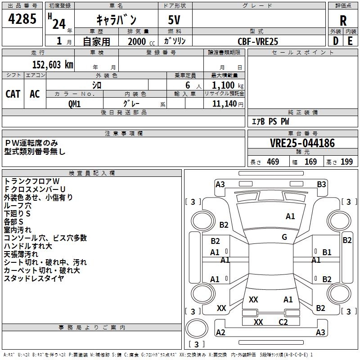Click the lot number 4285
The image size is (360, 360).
point(22,18)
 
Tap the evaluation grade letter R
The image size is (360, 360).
point(343,21)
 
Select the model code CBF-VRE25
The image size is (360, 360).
point(258,41)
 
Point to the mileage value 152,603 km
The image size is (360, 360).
point(53,65)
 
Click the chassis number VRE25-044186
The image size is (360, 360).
point(302,143)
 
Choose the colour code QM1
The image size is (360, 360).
point(74,104)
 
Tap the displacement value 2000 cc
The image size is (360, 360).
point(141,41)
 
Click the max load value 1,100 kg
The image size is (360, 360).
point(227,85)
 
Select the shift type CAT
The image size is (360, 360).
point(13,94)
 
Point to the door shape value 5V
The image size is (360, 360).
point(174,20)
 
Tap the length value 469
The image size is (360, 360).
point(273,162)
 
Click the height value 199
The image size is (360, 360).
point(346,162)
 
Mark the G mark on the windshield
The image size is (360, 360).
point(284,237)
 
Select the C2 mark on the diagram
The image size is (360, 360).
point(283,322)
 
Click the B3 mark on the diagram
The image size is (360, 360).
point(321,184)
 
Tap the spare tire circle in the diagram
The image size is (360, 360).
point(197,328)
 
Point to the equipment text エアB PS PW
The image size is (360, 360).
point(270,121)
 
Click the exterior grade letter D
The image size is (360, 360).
point(336,41)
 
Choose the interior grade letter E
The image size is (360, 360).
point(350,41)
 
